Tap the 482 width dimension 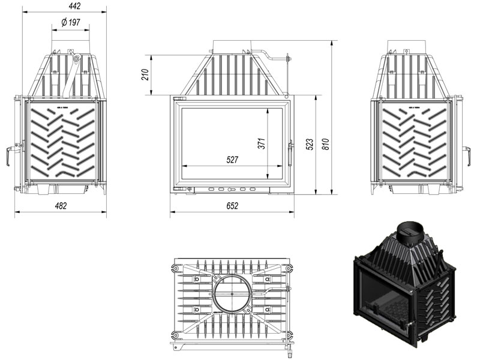tap(60, 206)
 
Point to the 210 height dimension tap(145, 75)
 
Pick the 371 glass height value tap(261, 144)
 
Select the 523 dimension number tap(309, 145)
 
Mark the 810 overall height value tap(326, 145)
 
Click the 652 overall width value tap(232, 206)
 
